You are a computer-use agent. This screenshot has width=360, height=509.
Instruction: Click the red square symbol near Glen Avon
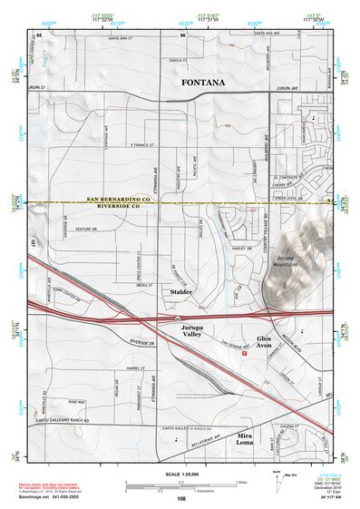coord(244,355)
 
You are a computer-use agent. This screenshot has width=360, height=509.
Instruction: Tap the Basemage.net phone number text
coord(53,498)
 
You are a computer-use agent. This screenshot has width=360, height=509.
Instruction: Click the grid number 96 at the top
coord(182,35)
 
